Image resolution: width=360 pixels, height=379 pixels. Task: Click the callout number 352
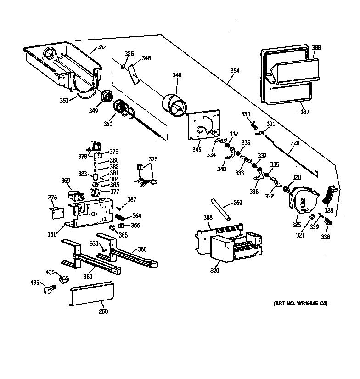tap(101, 47)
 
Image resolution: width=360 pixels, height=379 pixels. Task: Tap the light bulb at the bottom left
tap(48, 289)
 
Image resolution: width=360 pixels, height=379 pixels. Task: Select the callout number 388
tap(316, 48)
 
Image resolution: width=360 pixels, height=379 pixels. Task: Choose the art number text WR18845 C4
tap(300, 304)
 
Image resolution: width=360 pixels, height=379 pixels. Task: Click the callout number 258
tap(103, 312)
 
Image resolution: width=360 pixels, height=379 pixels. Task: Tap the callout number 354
tap(234, 71)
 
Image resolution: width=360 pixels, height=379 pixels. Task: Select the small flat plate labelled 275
tap(55, 212)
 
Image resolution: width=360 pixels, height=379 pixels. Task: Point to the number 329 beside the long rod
tap(294, 143)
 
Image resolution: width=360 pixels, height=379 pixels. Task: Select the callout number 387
tap(304, 112)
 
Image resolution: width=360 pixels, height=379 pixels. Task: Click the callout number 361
tap(51, 234)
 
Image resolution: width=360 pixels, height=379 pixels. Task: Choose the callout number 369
tap(66, 181)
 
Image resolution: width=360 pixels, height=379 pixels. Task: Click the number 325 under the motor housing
tap(297, 225)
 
